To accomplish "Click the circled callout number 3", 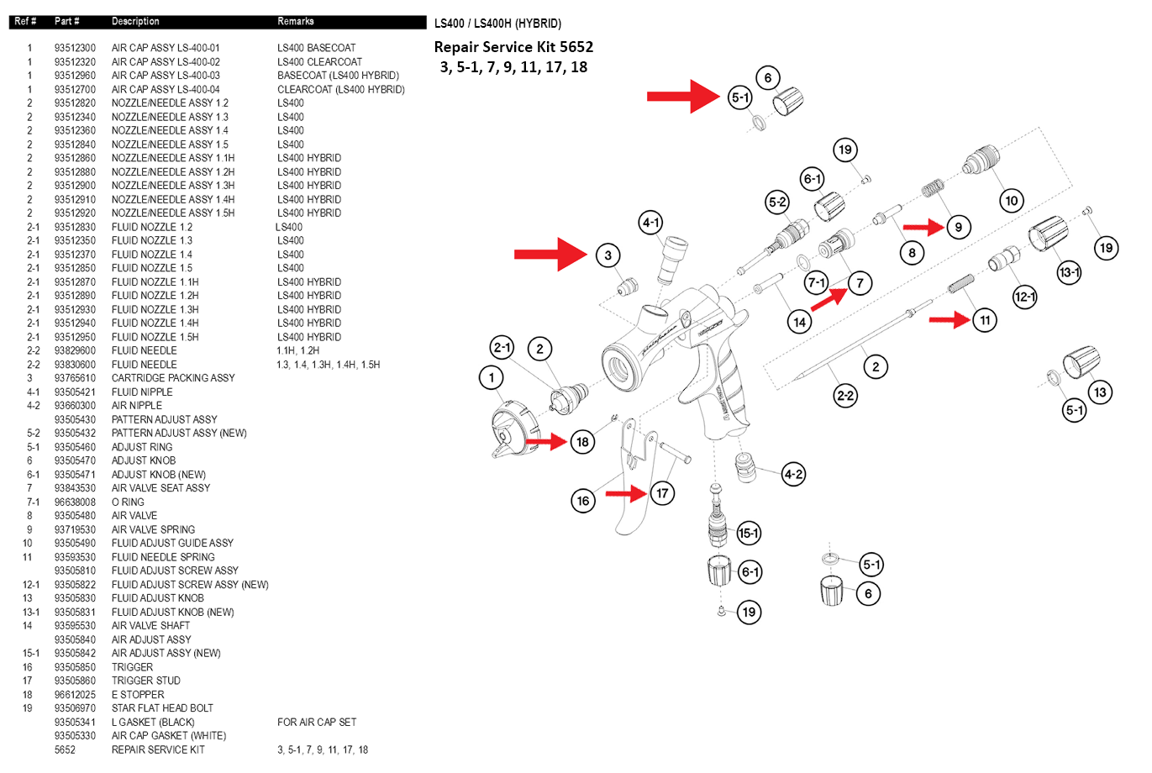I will tap(608, 255).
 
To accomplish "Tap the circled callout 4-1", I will tap(651, 223).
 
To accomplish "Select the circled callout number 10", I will tap(1012, 200).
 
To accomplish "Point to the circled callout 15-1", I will tap(748, 533).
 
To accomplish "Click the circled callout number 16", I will tap(583, 501).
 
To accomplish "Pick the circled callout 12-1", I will tap(1025, 297).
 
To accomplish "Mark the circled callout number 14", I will tap(799, 321).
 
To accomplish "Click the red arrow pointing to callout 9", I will tap(923, 227).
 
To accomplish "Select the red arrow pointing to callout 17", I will tap(626, 493).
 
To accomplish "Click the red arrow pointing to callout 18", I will tap(546, 441).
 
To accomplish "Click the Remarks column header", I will tap(296, 21).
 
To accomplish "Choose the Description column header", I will tap(135, 21).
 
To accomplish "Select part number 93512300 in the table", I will tap(75, 48).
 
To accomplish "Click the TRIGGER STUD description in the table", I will tap(145, 681).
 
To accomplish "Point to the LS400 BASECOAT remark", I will tap(316, 48).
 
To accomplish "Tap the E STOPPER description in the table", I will tap(138, 695).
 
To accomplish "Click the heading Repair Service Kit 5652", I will tap(513, 47).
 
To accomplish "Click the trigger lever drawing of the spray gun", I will tap(630, 487).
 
